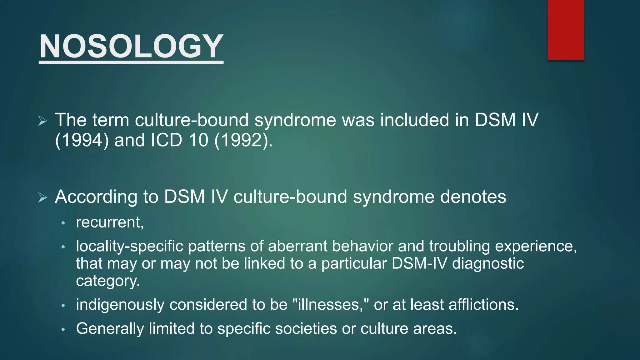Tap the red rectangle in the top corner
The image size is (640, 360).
click(566, 30)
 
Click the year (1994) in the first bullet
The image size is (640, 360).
click(82, 140)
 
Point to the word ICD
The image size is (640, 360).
click(166, 140)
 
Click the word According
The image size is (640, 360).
click(96, 197)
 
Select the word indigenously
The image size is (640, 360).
click(120, 305)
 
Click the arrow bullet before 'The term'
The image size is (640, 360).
click(43, 121)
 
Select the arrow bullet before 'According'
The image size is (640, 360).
click(43, 197)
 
